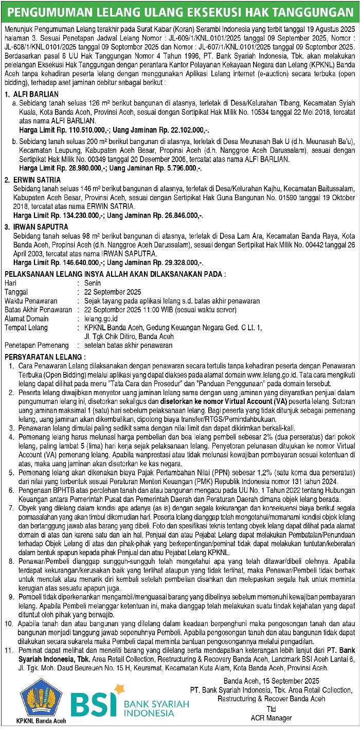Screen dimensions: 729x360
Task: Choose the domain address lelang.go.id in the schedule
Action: (101, 318)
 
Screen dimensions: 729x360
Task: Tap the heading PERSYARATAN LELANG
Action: (45, 356)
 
